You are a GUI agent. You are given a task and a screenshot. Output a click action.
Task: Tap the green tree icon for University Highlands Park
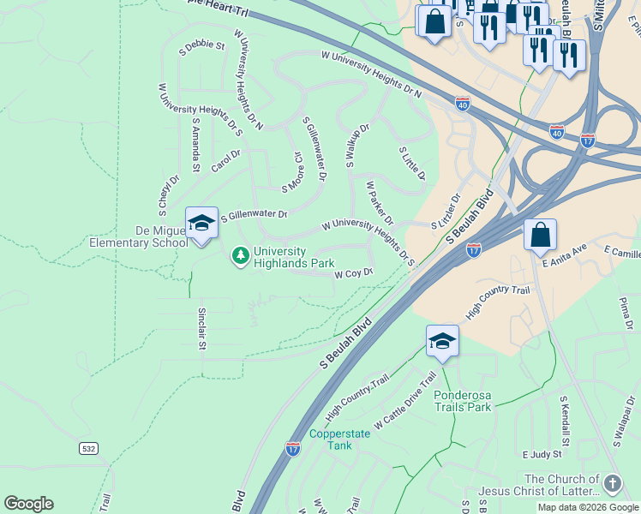241,255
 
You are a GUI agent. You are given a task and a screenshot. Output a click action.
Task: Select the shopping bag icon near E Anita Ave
540,236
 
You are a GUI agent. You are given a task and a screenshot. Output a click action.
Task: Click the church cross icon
612,484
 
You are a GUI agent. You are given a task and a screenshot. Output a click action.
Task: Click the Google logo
28,504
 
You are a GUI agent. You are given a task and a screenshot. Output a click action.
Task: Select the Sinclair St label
202,329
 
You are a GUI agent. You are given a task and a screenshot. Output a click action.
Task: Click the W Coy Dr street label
353,274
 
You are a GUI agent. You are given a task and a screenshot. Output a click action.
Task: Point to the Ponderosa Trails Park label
463,401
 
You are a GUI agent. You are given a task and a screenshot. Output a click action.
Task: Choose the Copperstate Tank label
340,439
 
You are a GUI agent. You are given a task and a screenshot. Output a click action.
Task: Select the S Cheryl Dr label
163,196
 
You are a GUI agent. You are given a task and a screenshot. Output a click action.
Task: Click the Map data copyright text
588,507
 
